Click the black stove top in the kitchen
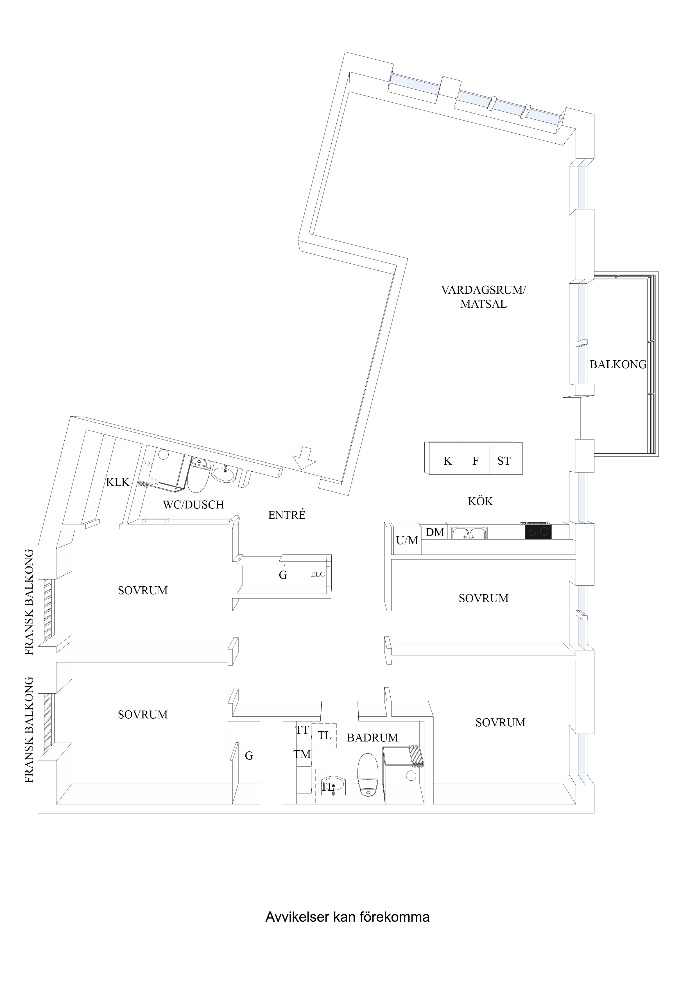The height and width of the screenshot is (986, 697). tap(538, 532)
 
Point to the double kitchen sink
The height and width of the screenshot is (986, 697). tap(469, 534)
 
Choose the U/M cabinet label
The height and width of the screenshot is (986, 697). tap(407, 541)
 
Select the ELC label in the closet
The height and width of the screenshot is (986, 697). tap(317, 574)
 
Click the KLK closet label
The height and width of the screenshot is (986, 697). tap(118, 482)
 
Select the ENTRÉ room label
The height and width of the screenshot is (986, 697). tap(286, 515)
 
